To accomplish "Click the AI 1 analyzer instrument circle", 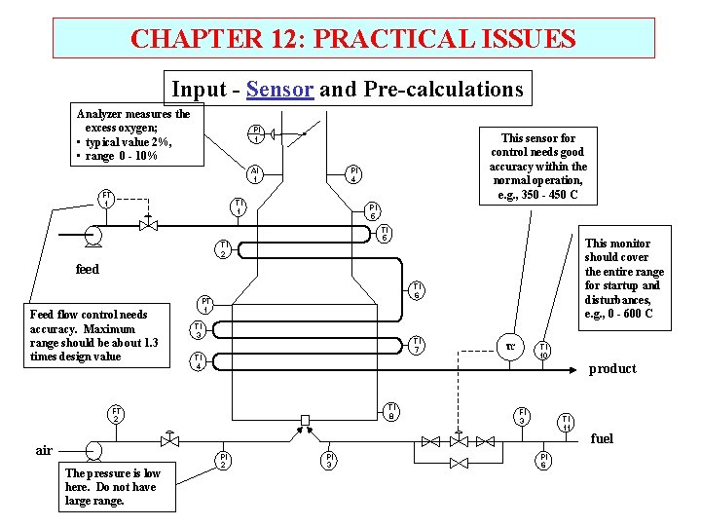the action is coord(254,173).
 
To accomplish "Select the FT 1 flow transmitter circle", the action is coord(106,198).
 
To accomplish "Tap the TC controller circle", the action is coord(508,346).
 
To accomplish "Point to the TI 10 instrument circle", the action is coord(544,351).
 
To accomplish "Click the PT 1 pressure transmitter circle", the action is coord(205,304).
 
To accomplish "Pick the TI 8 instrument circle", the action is coord(390,411).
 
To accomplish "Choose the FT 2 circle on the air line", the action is coord(116,413).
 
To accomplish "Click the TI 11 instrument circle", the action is coord(566,422).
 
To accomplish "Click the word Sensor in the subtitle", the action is coord(279,90).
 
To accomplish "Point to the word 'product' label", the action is coord(612,368).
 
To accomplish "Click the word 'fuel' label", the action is coord(602,438).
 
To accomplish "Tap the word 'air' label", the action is coord(44,450).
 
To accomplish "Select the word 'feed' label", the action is coord(87,269).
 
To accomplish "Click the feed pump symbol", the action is coord(95,234).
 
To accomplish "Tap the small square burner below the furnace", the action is coord(305,420).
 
